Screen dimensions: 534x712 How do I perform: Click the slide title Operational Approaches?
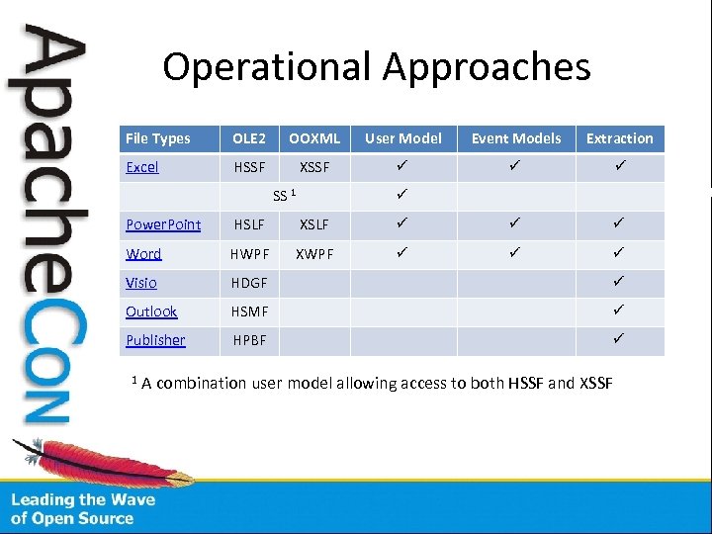click(x=377, y=67)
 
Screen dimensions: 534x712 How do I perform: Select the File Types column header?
click(x=158, y=138)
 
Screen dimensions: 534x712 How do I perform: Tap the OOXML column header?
click(x=314, y=138)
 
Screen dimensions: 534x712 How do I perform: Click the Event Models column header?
click(x=515, y=138)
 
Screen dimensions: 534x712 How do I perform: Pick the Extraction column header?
click(x=619, y=138)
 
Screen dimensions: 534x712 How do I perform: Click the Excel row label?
click(x=142, y=167)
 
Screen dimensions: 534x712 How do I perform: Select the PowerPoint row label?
click(x=163, y=225)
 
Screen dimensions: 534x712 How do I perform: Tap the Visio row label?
click(x=141, y=283)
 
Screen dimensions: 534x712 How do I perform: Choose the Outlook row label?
click(x=151, y=311)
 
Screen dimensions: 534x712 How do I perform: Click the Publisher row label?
click(x=155, y=340)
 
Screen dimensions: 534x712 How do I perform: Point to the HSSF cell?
click(x=249, y=167)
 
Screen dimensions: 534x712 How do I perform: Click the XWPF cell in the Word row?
click(x=314, y=254)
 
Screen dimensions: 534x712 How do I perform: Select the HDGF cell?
click(x=249, y=283)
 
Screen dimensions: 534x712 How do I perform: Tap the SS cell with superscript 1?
click(x=283, y=196)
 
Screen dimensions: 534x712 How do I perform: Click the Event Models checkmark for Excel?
click(x=515, y=166)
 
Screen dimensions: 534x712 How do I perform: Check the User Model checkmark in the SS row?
click(x=402, y=195)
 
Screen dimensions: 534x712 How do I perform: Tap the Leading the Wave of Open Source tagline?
click(x=83, y=509)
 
